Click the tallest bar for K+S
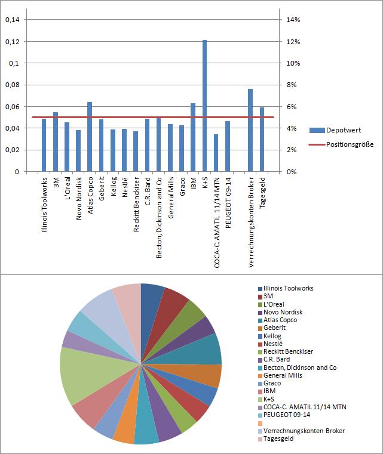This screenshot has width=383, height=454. coord(204,106)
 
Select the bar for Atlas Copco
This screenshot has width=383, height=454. coord(90,137)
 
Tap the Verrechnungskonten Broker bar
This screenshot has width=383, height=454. coord(250,131)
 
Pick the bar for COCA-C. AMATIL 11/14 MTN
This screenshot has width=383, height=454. coord(216,153)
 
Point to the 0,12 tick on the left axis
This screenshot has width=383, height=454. coord(12,41)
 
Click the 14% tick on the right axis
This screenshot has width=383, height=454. coord(293,20)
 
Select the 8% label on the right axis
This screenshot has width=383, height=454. coord(292,85)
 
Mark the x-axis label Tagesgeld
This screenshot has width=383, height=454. coord(262,194)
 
